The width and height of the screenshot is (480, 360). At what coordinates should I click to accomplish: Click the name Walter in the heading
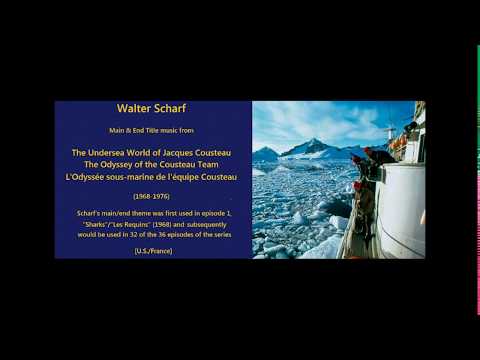point(135,108)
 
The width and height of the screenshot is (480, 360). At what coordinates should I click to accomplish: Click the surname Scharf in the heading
point(171,108)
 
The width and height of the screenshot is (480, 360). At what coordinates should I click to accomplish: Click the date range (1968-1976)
point(152,196)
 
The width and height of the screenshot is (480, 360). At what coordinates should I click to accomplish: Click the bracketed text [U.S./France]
point(153,250)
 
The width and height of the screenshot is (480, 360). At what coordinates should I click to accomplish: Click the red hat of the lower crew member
point(357,185)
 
